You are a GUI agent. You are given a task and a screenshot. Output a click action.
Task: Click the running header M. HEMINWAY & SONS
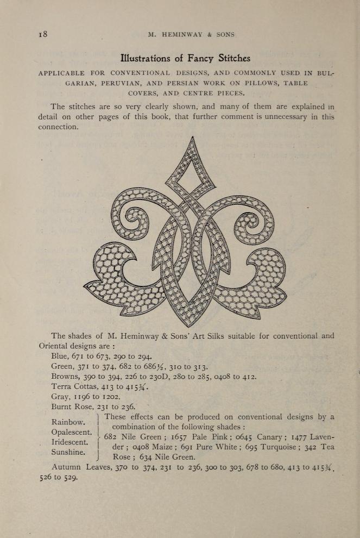(x=191, y=35)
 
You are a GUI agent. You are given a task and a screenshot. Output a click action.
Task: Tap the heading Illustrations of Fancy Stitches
(x=185, y=58)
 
